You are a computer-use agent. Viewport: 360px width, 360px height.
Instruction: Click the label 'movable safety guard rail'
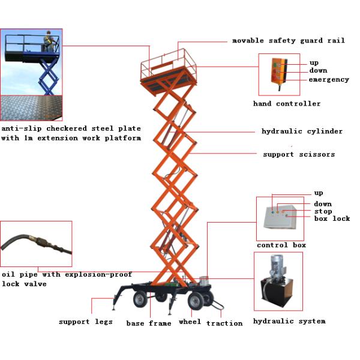pos(288,41)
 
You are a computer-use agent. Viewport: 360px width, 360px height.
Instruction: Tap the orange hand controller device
pos(277,74)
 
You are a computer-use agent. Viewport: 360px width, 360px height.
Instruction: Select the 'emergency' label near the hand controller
pos(328,80)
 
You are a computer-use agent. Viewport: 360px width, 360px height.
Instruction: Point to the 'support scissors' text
pos(299,154)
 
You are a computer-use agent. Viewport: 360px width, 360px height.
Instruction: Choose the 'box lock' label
pos(332,218)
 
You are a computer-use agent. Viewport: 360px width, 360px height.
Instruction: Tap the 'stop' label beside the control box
pos(323,211)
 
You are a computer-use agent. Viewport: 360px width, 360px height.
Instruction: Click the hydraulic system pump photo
pos(278,282)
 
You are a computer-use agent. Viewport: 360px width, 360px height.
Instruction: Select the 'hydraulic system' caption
pos(289,321)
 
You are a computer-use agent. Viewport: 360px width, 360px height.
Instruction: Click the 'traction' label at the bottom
pos(224,323)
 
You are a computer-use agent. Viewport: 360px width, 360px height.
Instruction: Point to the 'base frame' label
pos(148,323)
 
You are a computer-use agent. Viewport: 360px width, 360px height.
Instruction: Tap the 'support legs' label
pos(85,322)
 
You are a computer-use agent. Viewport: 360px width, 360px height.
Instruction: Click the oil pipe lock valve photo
pos(36,245)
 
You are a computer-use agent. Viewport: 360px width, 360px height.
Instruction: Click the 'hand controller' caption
pos(287,104)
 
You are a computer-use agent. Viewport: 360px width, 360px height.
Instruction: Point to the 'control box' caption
pos(281,245)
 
